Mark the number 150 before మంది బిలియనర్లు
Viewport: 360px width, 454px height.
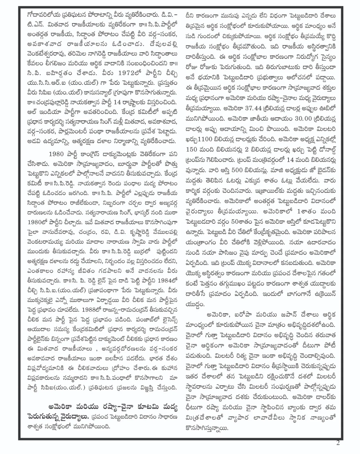click(193, 149)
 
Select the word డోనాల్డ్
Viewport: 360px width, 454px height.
click(323, 149)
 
